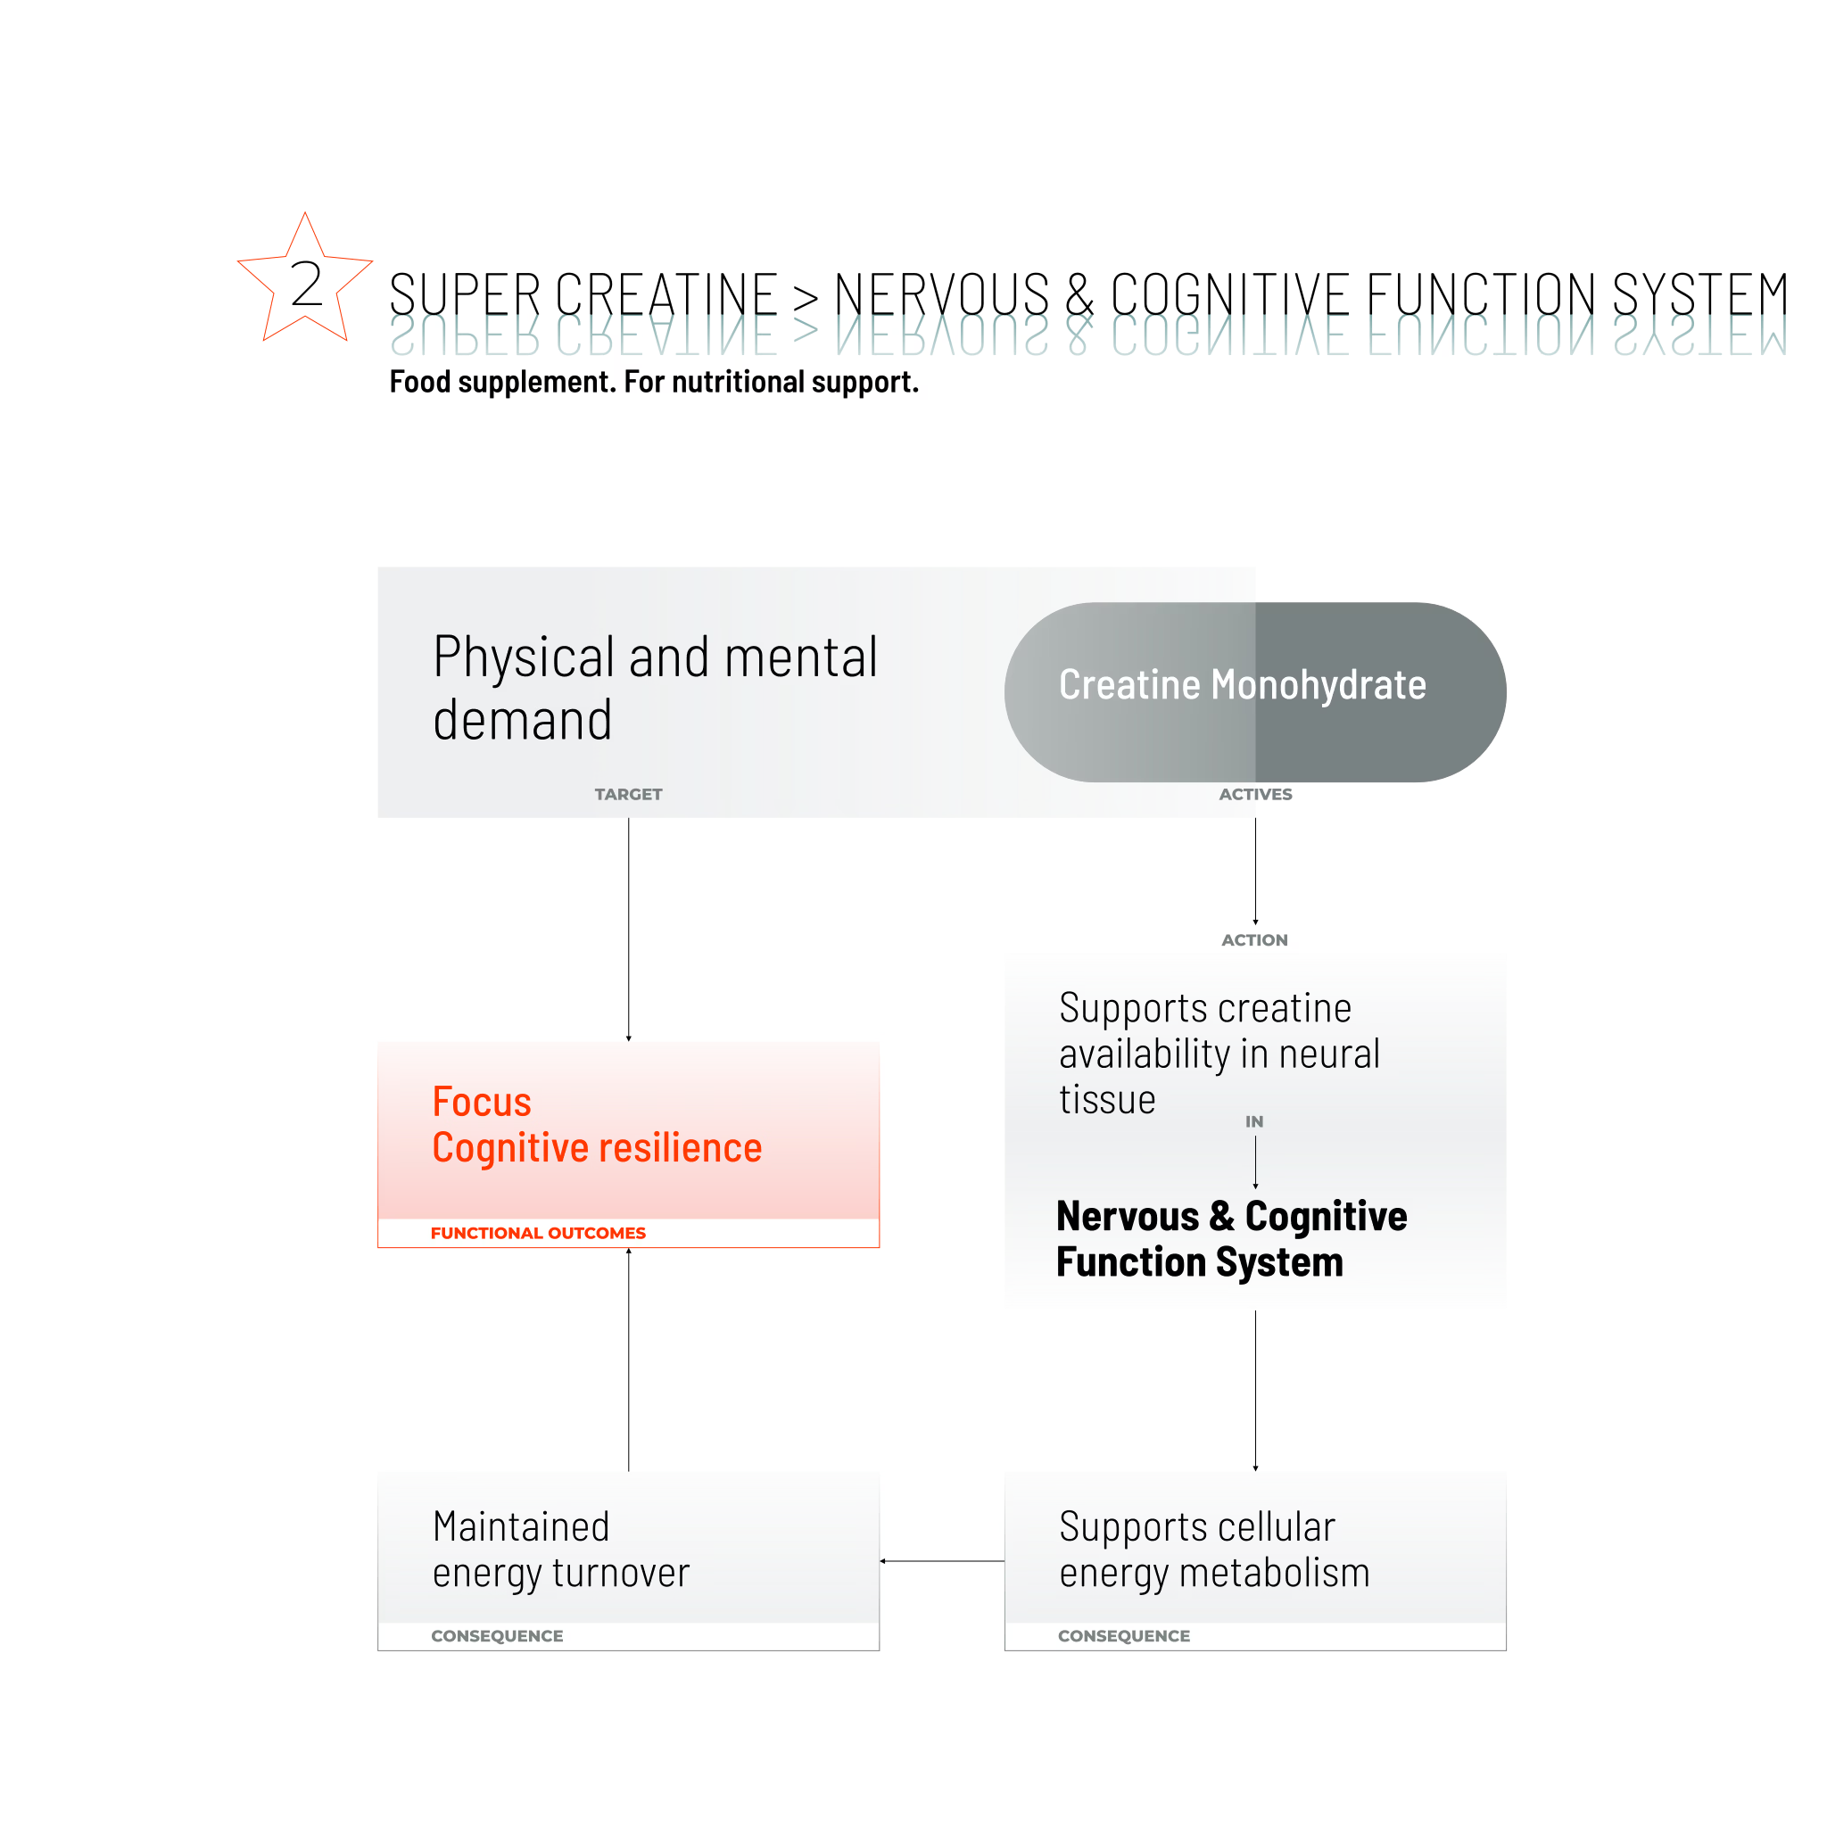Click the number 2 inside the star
[306, 284]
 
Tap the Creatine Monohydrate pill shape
[1255, 692]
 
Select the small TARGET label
[628, 794]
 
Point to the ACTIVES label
[1255, 794]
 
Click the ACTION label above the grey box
[1254, 940]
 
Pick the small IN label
[1254, 1121]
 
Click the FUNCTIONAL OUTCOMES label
[538, 1233]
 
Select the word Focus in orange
[482, 1102]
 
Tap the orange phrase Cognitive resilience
[597, 1148]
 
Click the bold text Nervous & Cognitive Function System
[1231, 1239]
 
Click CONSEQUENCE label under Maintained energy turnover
[498, 1636]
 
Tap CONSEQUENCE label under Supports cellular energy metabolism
[1123, 1636]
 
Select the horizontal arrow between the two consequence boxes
[942, 1561]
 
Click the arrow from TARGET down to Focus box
[628, 930]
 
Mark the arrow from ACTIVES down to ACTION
[1255, 871]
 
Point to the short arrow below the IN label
[1255, 1162]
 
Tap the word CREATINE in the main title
[666, 294]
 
